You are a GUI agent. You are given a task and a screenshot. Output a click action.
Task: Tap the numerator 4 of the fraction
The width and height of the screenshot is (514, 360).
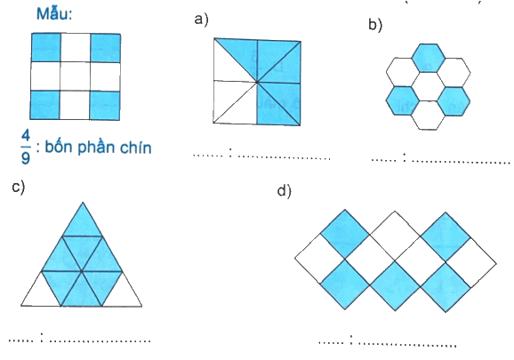(x=26, y=136)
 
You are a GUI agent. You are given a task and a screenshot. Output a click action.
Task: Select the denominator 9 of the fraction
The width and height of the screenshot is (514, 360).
(x=26, y=157)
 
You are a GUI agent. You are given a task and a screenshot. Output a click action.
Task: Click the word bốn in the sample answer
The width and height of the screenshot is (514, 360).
(x=59, y=147)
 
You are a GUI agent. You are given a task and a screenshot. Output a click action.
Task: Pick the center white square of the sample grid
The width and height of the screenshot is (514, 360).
(x=75, y=76)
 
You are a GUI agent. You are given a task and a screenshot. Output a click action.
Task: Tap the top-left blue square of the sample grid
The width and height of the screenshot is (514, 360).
(x=46, y=47)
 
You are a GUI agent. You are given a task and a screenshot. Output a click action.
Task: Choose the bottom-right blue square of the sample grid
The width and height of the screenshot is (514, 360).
(x=105, y=106)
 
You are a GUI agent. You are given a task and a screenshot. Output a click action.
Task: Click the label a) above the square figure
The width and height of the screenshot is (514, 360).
(x=201, y=20)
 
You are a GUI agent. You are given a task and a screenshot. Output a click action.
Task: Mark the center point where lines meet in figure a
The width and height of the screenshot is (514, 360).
(x=257, y=82)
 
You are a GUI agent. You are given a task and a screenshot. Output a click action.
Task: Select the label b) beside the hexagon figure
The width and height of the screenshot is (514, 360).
(x=375, y=25)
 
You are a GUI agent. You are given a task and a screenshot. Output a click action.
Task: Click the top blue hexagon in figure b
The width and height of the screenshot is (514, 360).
(x=428, y=58)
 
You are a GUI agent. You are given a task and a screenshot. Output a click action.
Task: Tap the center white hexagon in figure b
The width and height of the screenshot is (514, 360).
(x=428, y=87)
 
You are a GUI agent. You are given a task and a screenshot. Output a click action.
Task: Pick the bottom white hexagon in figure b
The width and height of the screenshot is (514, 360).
(x=428, y=116)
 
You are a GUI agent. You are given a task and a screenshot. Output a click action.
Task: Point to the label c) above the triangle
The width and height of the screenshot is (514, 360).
(x=19, y=187)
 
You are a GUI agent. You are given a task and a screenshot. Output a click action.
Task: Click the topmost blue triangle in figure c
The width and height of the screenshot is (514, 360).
(x=83, y=220)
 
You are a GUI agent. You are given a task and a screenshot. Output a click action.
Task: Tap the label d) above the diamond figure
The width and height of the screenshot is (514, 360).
(x=284, y=191)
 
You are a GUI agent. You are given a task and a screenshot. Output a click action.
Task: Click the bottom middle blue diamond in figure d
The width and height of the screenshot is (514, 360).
(x=395, y=285)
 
